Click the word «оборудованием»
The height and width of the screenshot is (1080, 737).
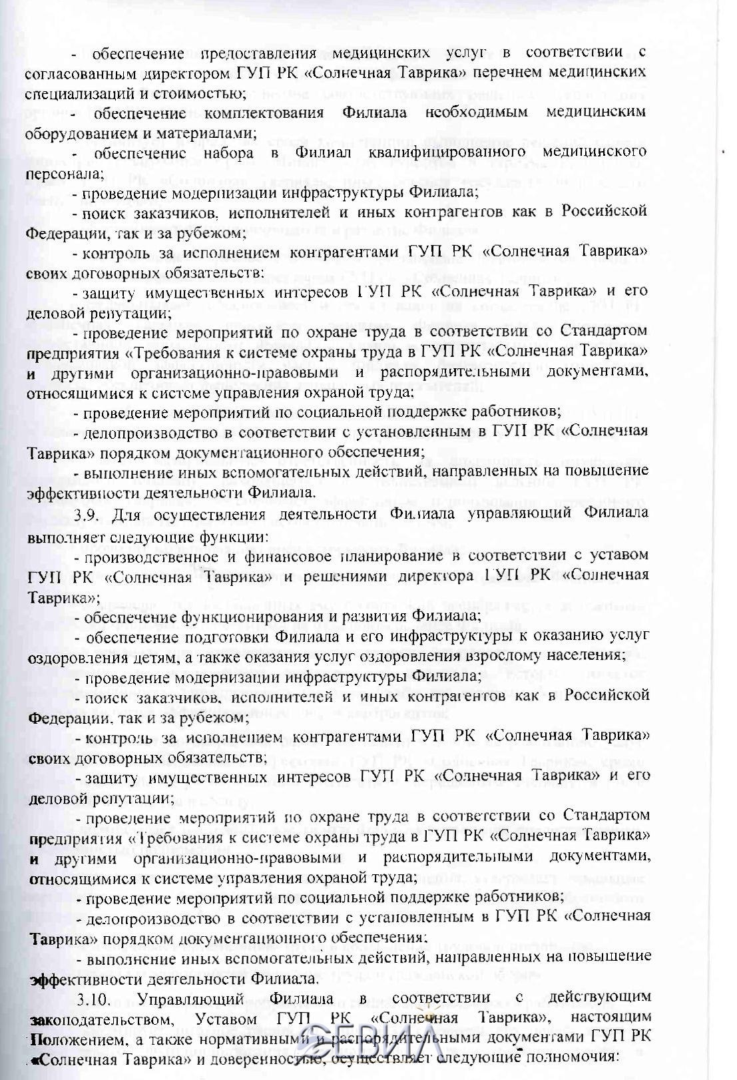pos(77,132)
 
